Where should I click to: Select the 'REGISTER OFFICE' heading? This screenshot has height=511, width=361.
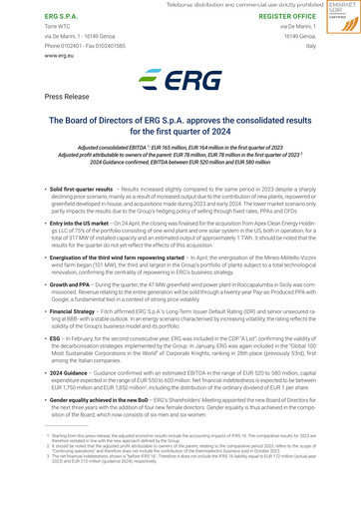click(x=279, y=17)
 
